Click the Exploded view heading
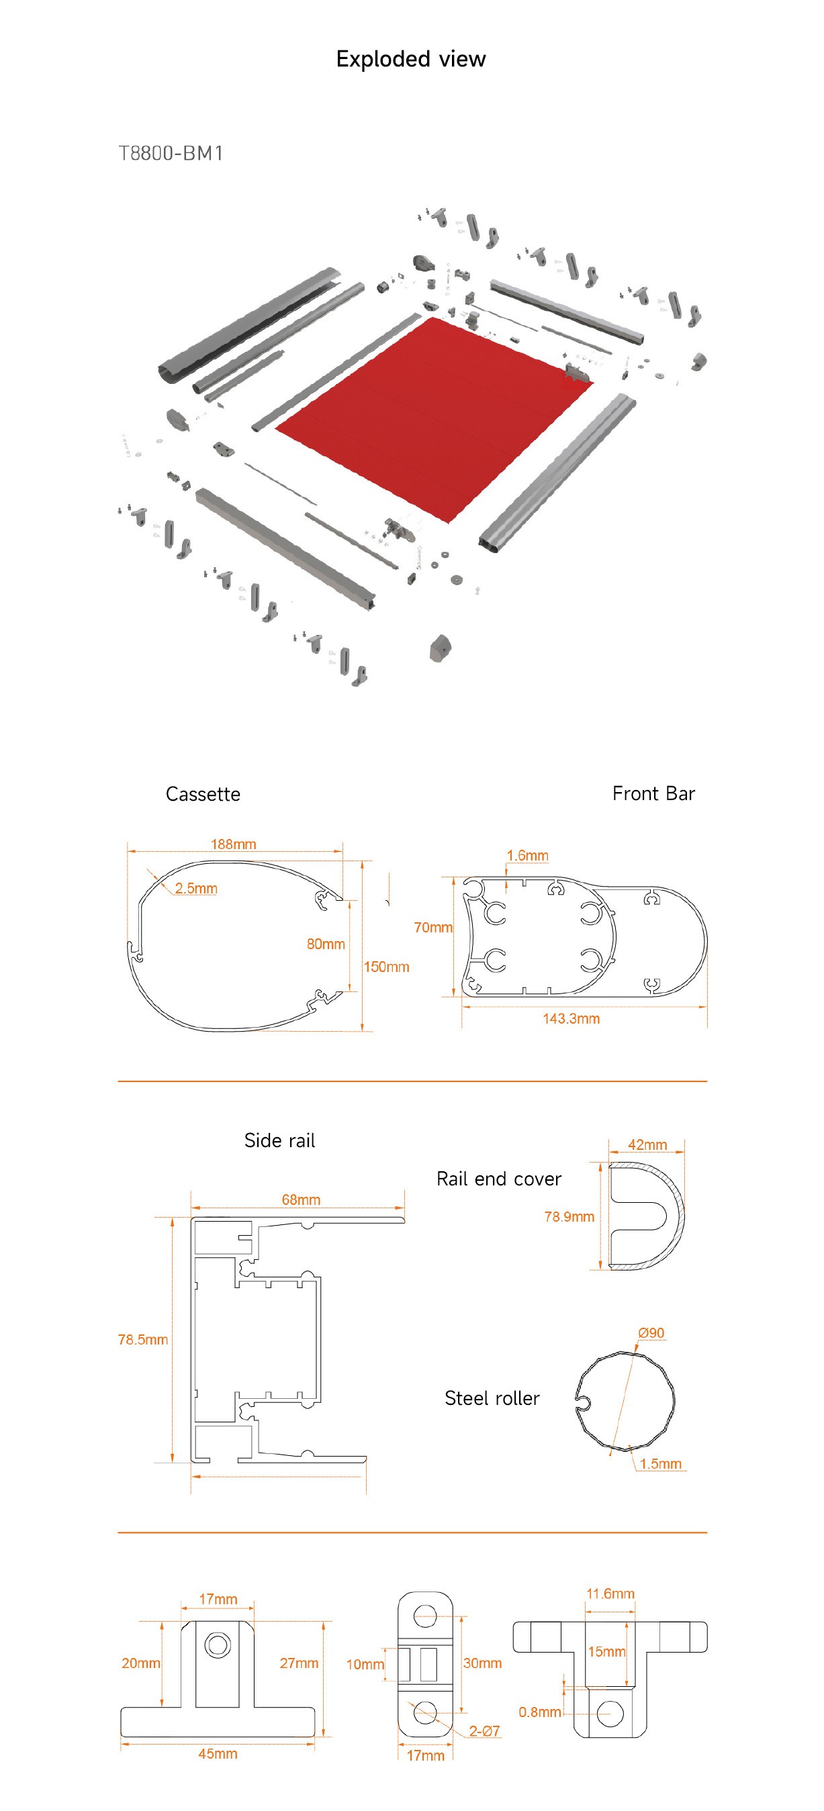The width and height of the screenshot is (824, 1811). (410, 59)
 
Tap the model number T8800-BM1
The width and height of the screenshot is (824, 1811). (171, 153)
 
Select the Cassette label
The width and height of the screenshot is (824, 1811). (203, 795)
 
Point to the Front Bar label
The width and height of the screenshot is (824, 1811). (653, 793)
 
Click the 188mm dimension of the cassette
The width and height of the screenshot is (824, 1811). (234, 844)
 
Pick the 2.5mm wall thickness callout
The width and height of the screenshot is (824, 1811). (196, 889)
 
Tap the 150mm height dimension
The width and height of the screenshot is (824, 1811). (386, 967)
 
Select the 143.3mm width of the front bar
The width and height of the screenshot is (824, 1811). (571, 1019)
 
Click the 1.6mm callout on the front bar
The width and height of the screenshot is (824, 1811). (527, 856)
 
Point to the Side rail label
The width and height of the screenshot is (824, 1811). (279, 1140)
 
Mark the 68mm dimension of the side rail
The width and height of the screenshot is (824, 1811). (301, 1200)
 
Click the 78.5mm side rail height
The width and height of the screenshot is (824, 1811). (143, 1339)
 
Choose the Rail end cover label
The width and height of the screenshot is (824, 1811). (498, 1179)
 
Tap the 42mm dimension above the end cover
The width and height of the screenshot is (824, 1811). (647, 1144)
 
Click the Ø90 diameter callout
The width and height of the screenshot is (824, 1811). (651, 1333)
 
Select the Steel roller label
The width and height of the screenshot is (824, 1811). (492, 1398)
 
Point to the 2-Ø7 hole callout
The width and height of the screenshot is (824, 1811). (484, 1731)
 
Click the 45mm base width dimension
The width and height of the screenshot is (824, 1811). (218, 1753)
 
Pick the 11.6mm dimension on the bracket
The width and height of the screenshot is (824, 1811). (610, 1593)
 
